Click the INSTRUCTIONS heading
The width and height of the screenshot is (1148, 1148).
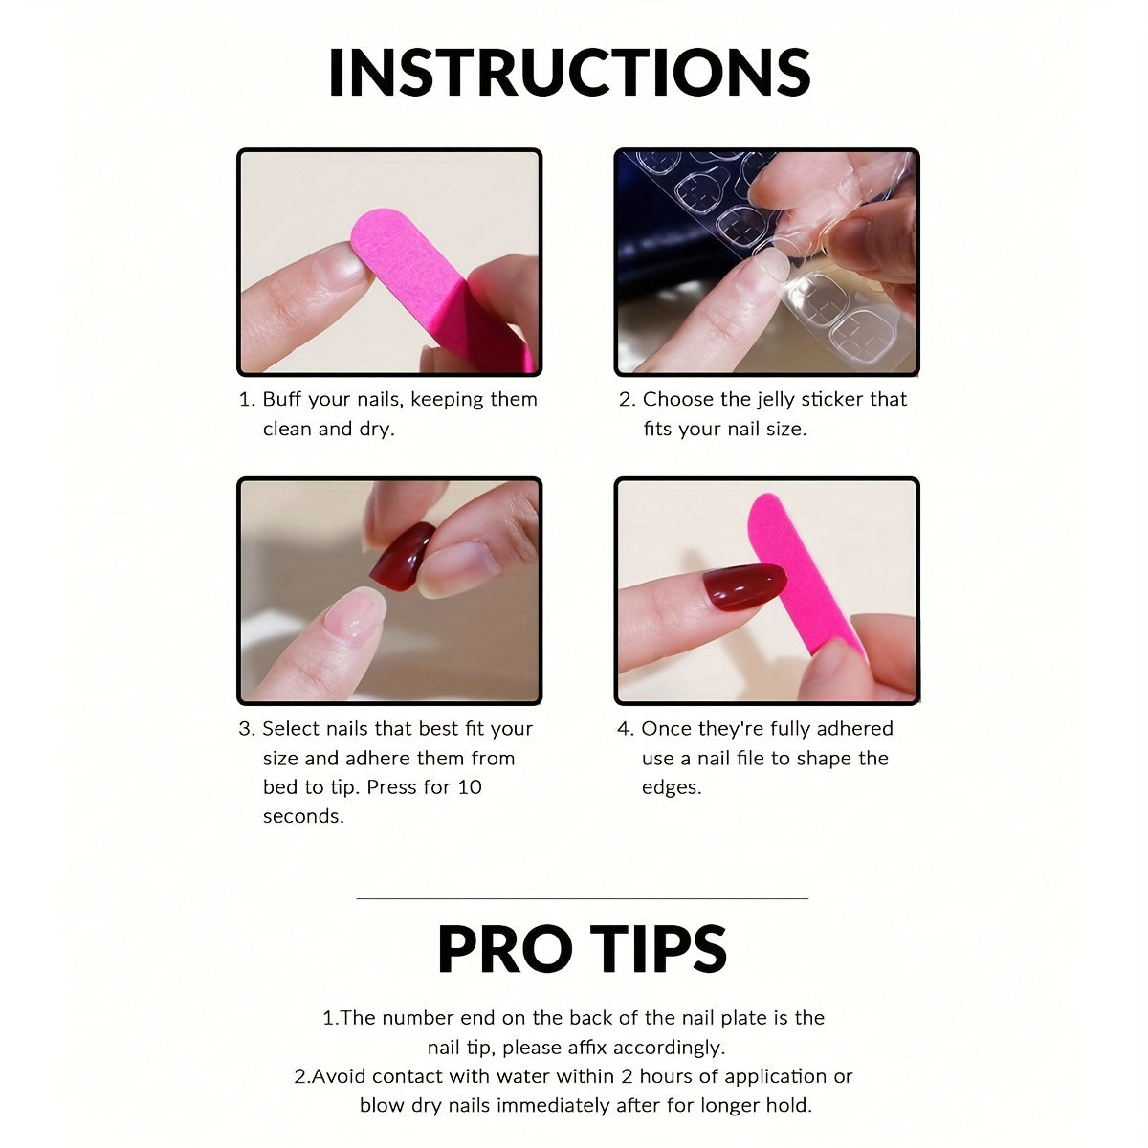pos(569,73)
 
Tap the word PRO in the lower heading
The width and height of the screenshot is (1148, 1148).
pos(500,948)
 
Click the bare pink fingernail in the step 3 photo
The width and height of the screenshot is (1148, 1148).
pos(355,612)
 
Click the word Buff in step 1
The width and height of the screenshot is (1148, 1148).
pos(283,399)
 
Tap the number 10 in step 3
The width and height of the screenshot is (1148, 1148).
pos(470,787)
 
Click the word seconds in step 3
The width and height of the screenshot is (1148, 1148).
pos(303,816)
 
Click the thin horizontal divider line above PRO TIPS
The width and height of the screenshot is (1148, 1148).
pos(582,898)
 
